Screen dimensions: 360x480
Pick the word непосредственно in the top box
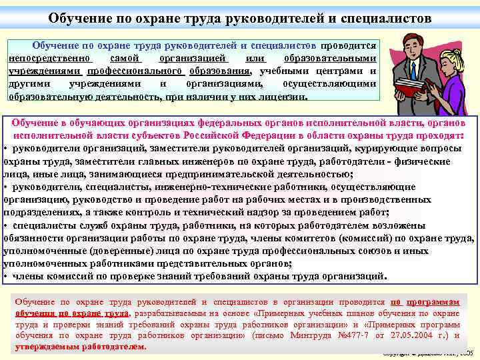[47, 59]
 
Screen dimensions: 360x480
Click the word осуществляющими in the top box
[329, 83]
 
